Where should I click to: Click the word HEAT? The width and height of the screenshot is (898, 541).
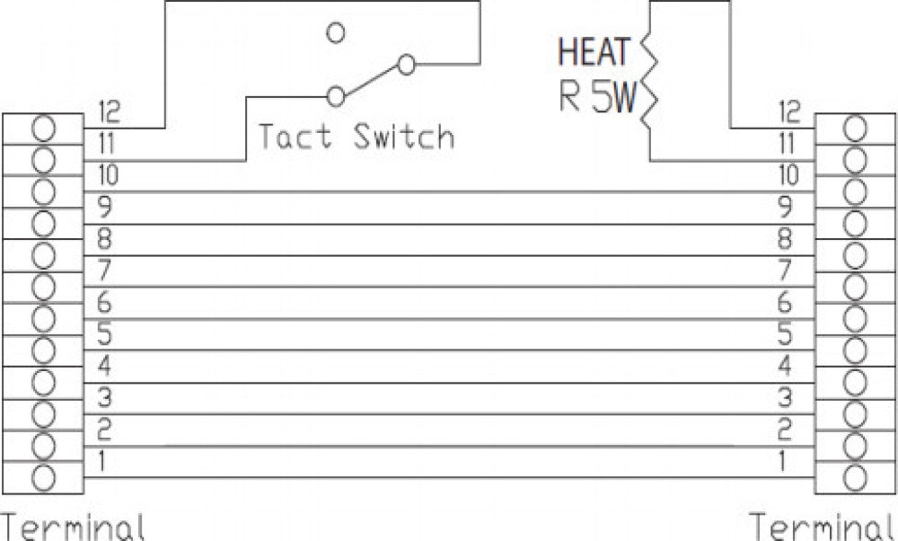click(x=594, y=52)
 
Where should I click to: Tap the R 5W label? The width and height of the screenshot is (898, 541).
click(x=596, y=98)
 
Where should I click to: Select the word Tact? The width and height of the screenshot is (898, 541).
click(x=295, y=137)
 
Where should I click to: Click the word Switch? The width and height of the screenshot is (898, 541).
click(x=403, y=137)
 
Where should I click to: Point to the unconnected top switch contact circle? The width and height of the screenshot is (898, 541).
click(x=336, y=32)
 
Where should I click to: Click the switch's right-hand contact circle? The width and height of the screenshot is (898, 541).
click(x=407, y=64)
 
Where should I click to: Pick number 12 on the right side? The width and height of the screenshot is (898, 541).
click(x=788, y=112)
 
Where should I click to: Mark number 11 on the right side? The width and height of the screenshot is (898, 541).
click(x=788, y=143)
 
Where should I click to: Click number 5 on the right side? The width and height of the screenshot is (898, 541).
click(x=785, y=333)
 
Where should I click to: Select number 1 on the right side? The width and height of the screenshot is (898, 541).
click(x=783, y=462)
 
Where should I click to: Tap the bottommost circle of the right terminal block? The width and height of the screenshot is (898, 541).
click(x=856, y=476)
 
